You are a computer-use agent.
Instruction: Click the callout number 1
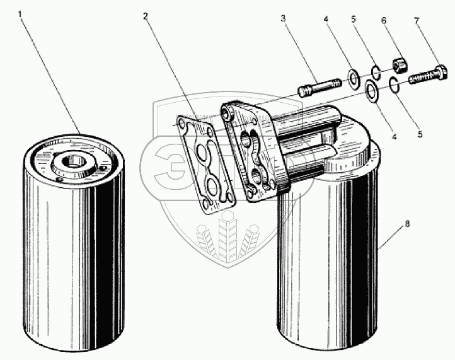click(x=23, y=15)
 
